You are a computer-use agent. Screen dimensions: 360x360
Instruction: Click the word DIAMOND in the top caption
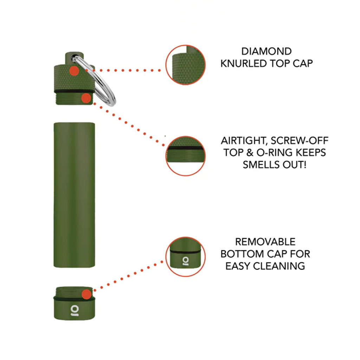click(266, 51)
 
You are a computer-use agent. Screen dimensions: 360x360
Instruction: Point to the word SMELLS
click(259, 164)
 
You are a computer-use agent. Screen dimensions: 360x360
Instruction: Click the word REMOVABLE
click(265, 242)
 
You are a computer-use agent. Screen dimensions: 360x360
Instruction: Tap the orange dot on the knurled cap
click(74, 71)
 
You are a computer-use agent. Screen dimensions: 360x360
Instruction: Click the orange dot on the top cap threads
click(85, 98)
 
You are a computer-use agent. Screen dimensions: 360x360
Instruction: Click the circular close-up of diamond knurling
click(186, 65)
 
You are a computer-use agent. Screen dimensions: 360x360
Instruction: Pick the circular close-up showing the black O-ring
click(186, 156)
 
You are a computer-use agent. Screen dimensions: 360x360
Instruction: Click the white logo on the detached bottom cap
click(74, 310)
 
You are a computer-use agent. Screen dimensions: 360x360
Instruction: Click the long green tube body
click(74, 195)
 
